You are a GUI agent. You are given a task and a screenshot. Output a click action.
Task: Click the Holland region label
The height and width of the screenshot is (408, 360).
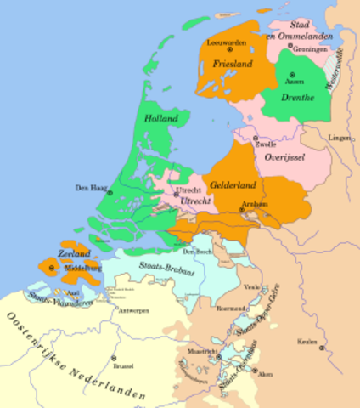[159, 118]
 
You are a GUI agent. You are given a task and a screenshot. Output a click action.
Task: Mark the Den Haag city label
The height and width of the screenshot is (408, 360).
[89, 188]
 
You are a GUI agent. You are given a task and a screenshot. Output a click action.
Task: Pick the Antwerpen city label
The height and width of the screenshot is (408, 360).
[133, 311]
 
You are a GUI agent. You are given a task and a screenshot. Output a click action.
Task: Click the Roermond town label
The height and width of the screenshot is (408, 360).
[232, 308]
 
